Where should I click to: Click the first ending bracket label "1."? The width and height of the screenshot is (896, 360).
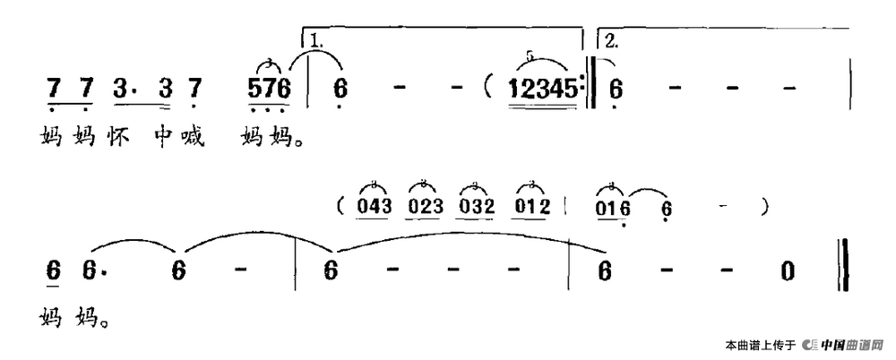tap(316, 40)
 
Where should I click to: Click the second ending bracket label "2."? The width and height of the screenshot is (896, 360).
tap(612, 40)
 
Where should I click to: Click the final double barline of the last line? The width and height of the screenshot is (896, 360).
tap(842, 267)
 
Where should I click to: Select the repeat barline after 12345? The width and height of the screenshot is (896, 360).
tap(590, 90)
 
